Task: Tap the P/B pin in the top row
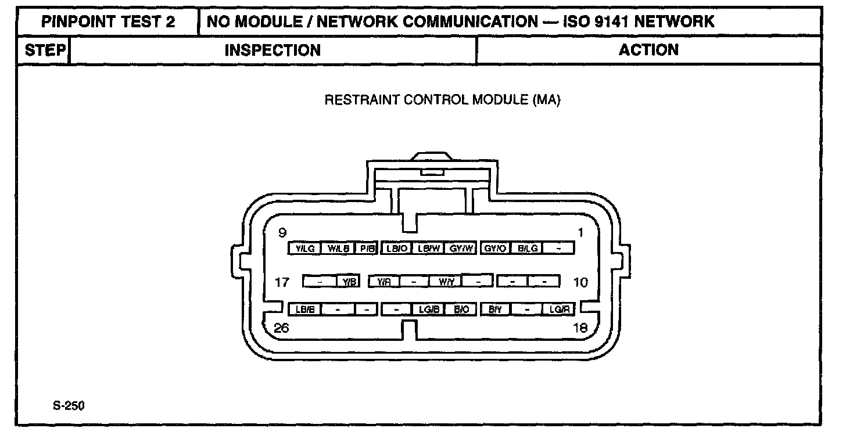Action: pos(367,249)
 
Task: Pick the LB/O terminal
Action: pos(396,249)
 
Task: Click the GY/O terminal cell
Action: pos(496,249)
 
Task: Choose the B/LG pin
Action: pos(528,249)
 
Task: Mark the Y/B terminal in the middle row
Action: pos(349,282)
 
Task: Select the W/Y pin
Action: pos(446,282)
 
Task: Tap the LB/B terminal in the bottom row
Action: pos(305,310)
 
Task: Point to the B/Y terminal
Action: pos(496,310)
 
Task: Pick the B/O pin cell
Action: pos(462,310)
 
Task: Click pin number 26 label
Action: pos(282,328)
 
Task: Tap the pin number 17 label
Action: pos(282,283)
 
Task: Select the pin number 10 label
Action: pos(580,283)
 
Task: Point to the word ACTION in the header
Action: pos(648,51)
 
